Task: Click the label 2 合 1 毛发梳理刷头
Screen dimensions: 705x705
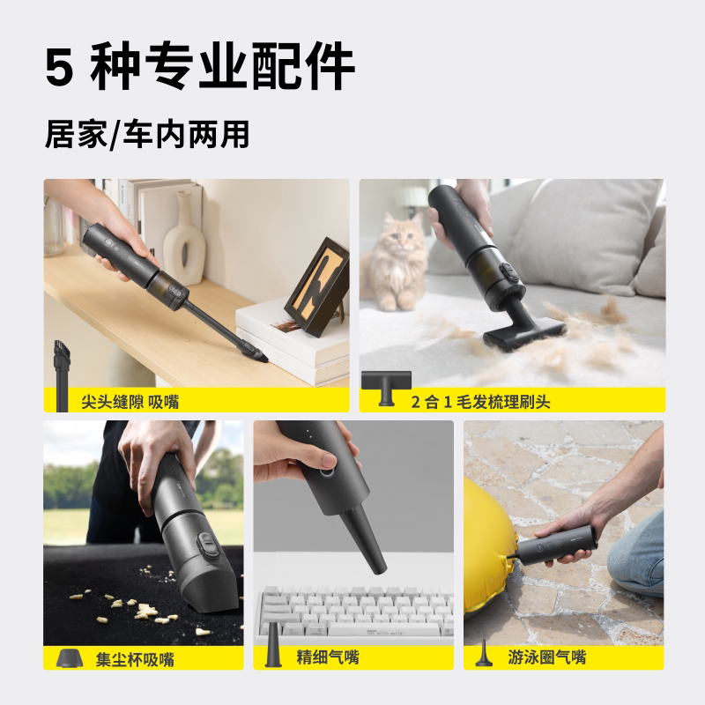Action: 480,402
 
